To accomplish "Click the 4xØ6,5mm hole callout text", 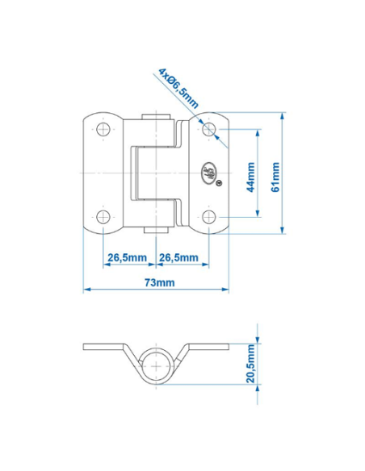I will click(x=178, y=86).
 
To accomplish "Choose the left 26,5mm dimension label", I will click(x=128, y=257).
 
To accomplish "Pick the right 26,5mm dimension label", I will click(x=178, y=257).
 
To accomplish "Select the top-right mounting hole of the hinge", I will click(x=209, y=129).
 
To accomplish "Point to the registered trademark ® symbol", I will click(x=220, y=182).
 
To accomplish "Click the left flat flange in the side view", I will click(x=101, y=347).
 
